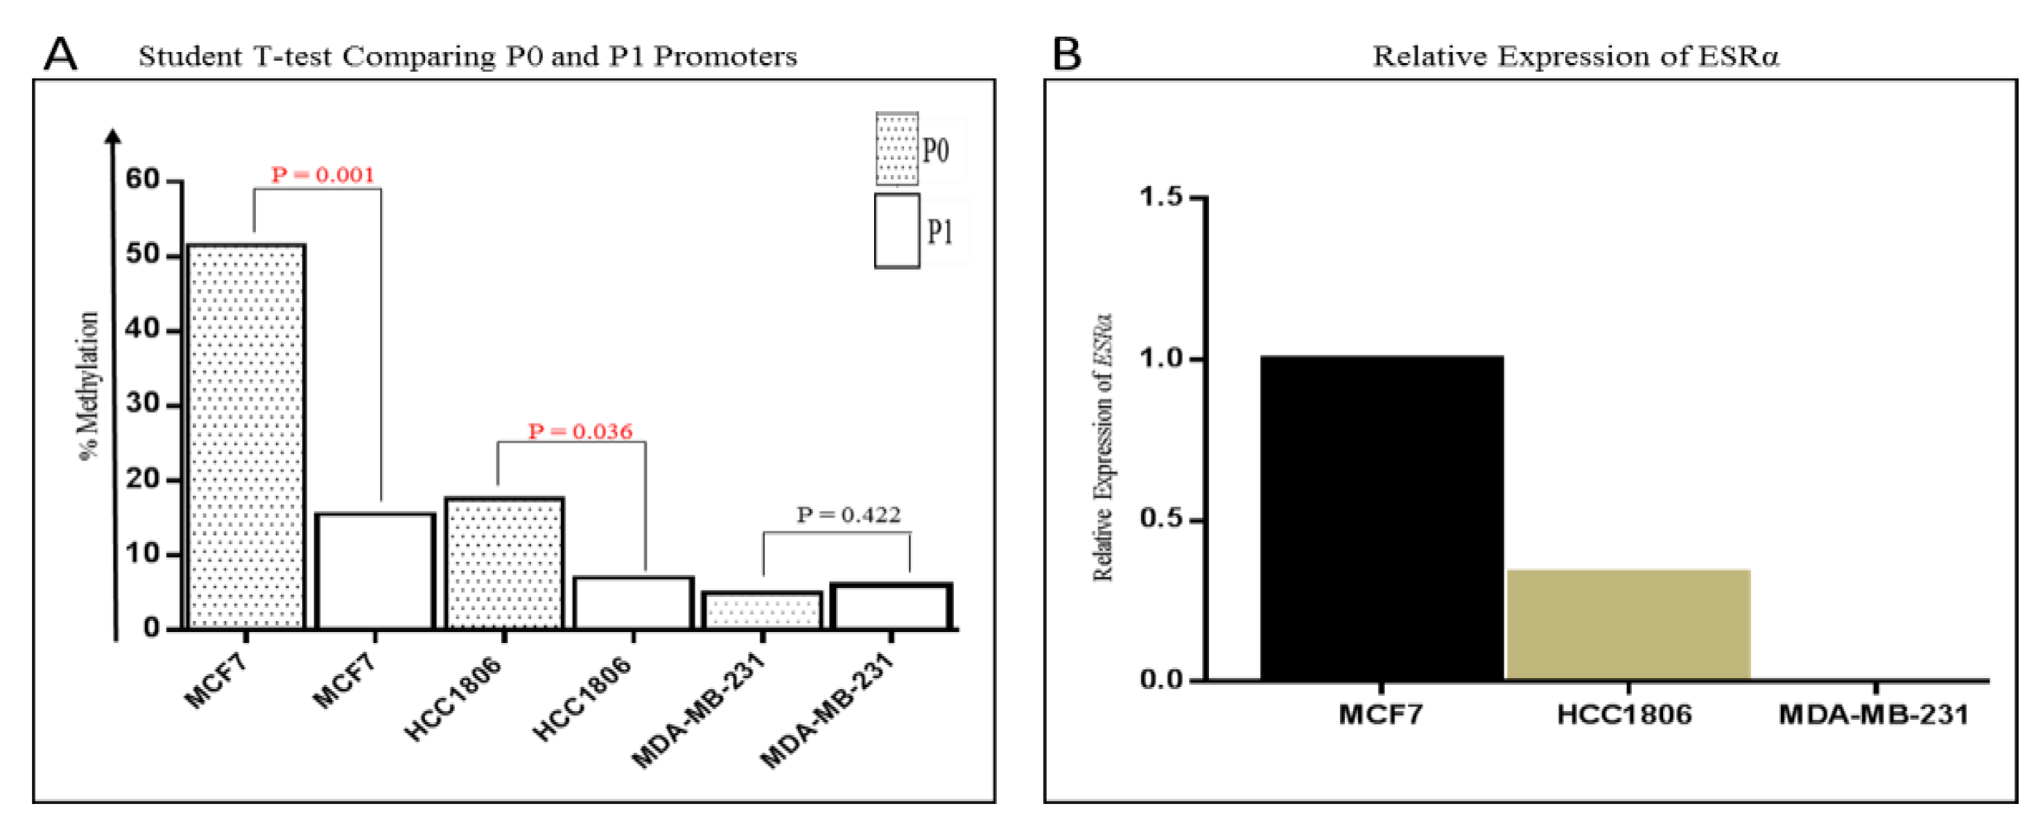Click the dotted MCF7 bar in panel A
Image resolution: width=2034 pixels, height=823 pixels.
pos(246,436)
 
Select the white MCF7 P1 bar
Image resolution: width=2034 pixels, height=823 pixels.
pos(375,571)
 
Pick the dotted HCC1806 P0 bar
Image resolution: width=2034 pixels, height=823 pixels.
pos(505,563)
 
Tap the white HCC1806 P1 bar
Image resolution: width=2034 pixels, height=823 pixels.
pos(633,603)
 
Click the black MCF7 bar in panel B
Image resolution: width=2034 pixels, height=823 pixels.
pos(1381,518)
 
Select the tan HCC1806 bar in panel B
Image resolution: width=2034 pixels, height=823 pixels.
pos(1628,624)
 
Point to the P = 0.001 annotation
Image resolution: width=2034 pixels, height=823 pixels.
pos(323,175)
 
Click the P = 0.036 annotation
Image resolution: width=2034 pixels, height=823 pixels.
pos(580,431)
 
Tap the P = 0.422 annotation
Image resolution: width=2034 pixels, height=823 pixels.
pos(849,515)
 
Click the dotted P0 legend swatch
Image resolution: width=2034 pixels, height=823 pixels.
pos(897,149)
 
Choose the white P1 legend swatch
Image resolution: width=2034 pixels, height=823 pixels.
pos(897,230)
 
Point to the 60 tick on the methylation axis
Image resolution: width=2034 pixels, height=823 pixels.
pos(143,179)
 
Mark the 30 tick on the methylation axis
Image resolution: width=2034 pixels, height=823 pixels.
pos(143,404)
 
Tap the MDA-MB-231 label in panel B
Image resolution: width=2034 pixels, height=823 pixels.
pos(1874,715)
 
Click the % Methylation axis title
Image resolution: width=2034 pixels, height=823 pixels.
pos(89,386)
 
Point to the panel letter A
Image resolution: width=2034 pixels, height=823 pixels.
pos(61,56)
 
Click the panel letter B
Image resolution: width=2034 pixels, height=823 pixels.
pos(1067,56)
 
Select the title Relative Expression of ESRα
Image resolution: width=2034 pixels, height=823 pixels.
pos(1575,57)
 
